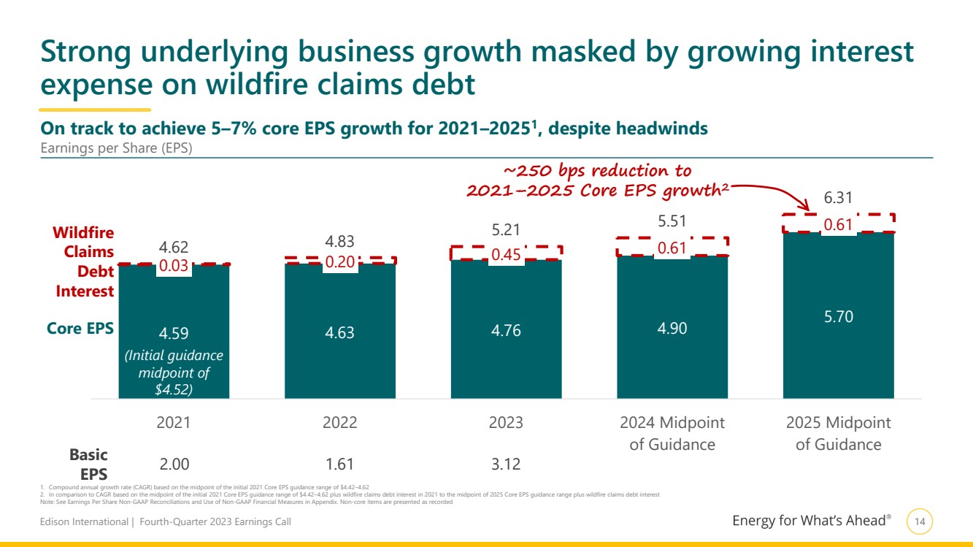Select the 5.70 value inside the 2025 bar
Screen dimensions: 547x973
(839, 316)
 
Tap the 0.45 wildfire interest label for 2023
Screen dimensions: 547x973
(506, 255)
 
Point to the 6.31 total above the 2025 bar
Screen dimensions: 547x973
(839, 198)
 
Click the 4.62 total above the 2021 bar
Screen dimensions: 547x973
(174, 248)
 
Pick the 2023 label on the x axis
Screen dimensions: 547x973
(506, 423)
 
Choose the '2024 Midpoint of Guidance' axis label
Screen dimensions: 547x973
(672, 433)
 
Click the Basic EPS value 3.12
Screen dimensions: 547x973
(506, 464)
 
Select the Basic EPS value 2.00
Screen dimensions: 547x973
(174, 464)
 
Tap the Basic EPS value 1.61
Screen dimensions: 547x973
(340, 464)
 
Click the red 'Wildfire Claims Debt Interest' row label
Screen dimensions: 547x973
(84, 261)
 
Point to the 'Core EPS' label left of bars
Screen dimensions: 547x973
(80, 329)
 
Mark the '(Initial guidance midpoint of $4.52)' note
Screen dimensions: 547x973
(174, 372)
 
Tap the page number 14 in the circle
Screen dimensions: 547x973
(920, 521)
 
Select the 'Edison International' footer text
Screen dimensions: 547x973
(84, 522)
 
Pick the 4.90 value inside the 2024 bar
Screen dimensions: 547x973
(672, 329)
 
